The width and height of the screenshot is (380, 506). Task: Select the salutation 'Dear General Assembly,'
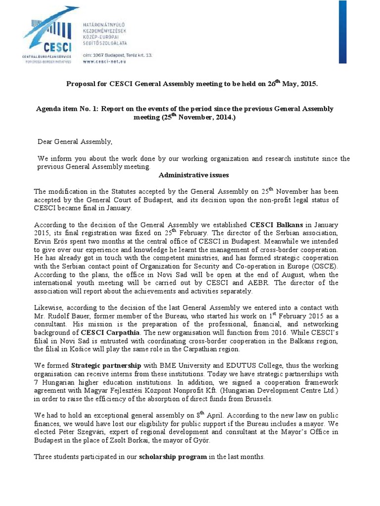point(75,142)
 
